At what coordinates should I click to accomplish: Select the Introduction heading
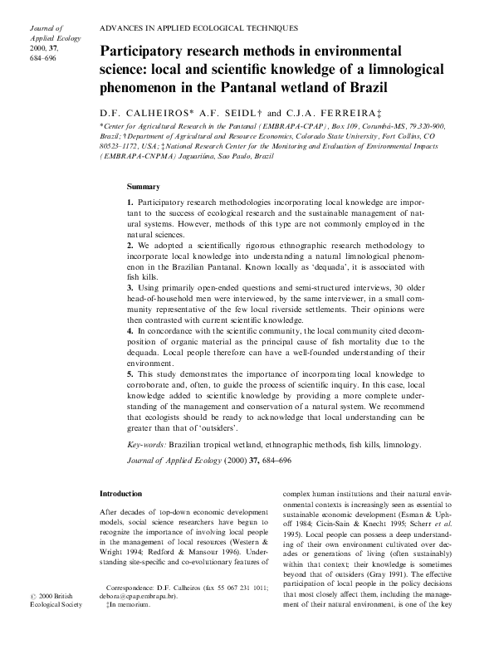(x=120, y=494)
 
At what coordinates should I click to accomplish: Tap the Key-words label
(x=147, y=445)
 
